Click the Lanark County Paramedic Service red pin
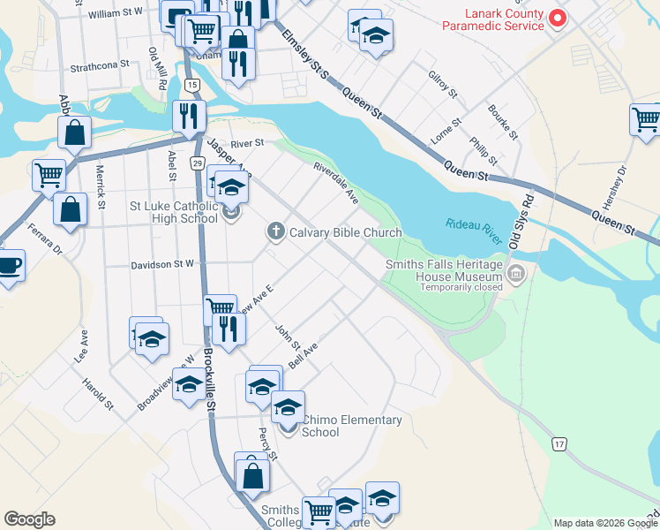(x=557, y=18)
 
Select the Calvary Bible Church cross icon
(x=275, y=232)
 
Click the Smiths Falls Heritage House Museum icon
(x=517, y=275)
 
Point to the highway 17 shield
(x=559, y=443)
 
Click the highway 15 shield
(x=192, y=84)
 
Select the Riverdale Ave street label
(x=336, y=183)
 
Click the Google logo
(x=29, y=519)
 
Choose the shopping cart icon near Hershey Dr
(x=646, y=118)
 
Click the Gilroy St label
(x=442, y=85)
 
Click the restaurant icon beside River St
(x=189, y=115)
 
